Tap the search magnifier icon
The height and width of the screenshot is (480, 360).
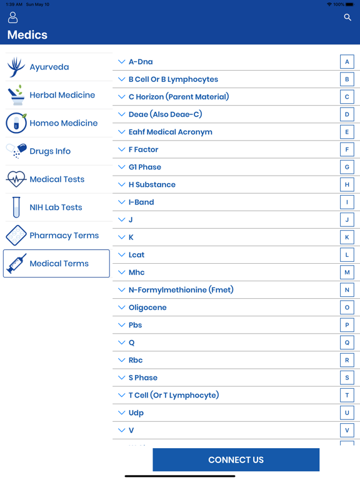(x=347, y=17)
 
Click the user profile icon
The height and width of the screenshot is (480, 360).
(x=12, y=17)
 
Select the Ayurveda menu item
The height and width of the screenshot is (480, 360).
(x=49, y=67)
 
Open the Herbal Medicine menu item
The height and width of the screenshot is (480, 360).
(x=62, y=95)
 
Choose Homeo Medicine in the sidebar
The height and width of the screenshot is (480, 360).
(x=63, y=123)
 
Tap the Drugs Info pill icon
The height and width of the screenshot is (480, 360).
(x=16, y=151)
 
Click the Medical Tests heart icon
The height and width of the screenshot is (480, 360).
(x=16, y=179)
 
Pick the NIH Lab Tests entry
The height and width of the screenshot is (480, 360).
(x=56, y=207)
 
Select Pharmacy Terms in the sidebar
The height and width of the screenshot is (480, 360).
(x=64, y=236)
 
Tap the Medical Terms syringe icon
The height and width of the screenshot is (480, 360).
(x=16, y=264)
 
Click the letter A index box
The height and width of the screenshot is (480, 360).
(x=347, y=62)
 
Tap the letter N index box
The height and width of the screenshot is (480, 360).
(x=347, y=290)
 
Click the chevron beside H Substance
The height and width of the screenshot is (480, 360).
(x=122, y=184)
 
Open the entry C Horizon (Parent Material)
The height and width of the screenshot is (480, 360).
(x=179, y=97)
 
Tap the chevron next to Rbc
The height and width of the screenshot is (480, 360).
(x=122, y=360)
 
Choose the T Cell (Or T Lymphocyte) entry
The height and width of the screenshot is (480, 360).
(x=174, y=395)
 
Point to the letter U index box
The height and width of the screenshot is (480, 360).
(x=347, y=412)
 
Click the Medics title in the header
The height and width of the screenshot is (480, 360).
(x=27, y=35)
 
